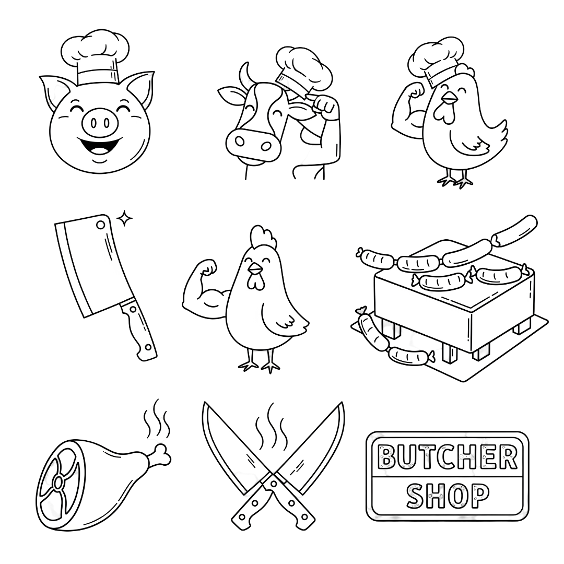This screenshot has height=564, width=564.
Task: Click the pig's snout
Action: pos(100,123)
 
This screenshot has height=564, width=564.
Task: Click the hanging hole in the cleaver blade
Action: pos(100,225)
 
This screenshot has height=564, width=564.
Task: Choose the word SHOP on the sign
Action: pos(448,496)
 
